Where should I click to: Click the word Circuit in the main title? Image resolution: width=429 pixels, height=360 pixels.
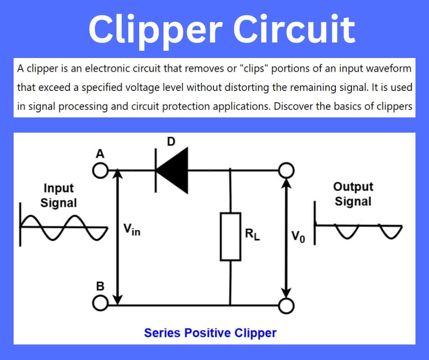[294, 28]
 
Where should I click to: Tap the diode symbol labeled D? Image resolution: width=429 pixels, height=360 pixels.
[172, 171]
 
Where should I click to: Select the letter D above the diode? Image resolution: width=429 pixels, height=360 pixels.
[171, 142]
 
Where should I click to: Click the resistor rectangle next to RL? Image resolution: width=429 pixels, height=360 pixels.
[230, 236]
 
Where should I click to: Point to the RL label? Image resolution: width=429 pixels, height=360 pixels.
[252, 235]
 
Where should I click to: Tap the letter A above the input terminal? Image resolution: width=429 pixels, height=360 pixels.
[99, 154]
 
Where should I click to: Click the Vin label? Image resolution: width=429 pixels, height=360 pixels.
[132, 229]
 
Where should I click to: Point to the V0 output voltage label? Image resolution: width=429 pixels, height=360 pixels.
[297, 237]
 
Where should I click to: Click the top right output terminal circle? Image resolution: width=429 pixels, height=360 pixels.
[286, 171]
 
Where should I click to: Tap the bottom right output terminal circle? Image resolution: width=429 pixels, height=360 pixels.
[286, 305]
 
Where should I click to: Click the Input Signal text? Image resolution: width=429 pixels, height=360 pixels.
[58, 196]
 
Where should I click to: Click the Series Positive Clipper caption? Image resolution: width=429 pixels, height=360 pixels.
[210, 333]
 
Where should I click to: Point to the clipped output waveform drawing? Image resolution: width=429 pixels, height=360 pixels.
[358, 228]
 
